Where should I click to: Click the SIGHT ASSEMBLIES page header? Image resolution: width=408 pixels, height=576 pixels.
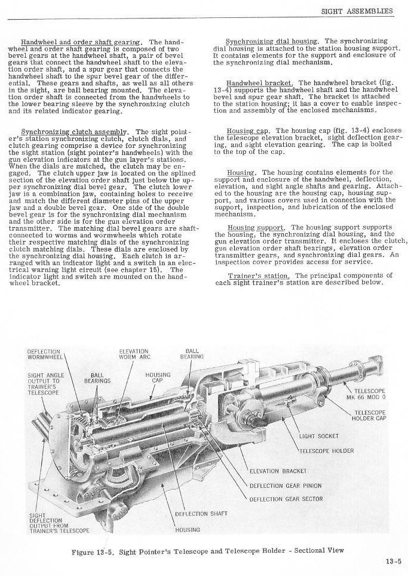(x=357, y=11)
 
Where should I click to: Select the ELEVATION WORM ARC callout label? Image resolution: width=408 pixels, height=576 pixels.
(x=137, y=355)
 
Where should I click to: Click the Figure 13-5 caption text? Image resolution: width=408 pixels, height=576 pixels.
(x=207, y=550)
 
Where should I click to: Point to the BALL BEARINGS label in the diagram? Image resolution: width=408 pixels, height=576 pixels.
(x=96, y=377)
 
